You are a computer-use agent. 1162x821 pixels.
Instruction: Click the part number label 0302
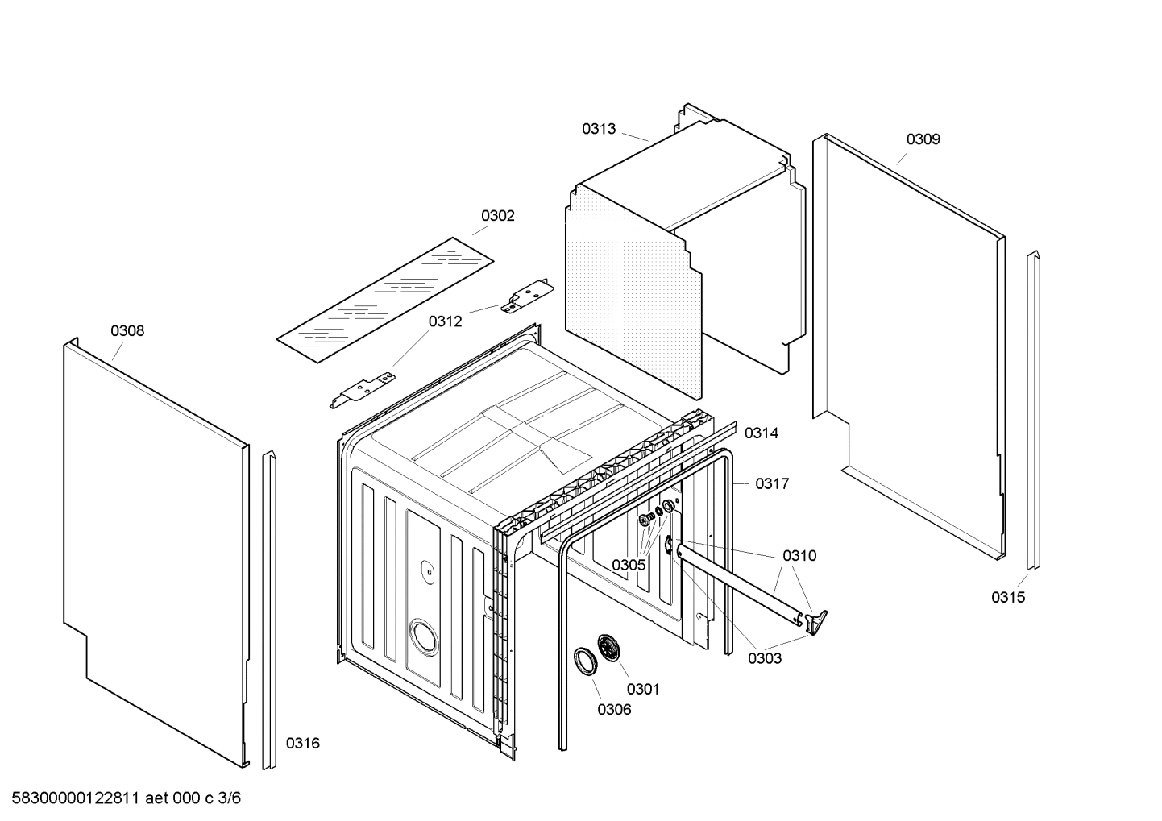coord(497,216)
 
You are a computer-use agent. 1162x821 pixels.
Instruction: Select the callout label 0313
coord(599,129)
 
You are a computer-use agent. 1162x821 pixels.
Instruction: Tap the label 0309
coord(923,139)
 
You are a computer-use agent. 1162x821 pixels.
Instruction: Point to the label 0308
coord(127,331)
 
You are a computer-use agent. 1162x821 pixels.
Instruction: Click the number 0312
coord(445,322)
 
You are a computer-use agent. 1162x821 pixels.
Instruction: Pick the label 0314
coord(761,433)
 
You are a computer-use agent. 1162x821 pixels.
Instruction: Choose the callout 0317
coord(772,484)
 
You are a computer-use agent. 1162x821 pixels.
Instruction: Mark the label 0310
coord(799,556)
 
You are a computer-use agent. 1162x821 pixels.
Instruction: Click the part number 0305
coord(628,566)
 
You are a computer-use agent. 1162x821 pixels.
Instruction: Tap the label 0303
coord(764,658)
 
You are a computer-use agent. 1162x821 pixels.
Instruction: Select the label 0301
coord(642,689)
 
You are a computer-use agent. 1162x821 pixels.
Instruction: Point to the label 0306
coord(614,710)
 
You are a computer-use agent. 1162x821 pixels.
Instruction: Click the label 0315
coord(1008,598)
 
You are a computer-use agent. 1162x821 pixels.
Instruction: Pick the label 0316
coord(303,744)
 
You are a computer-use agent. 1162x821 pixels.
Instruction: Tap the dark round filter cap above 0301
coord(608,648)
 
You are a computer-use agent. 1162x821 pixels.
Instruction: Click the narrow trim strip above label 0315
coord(1033,411)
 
